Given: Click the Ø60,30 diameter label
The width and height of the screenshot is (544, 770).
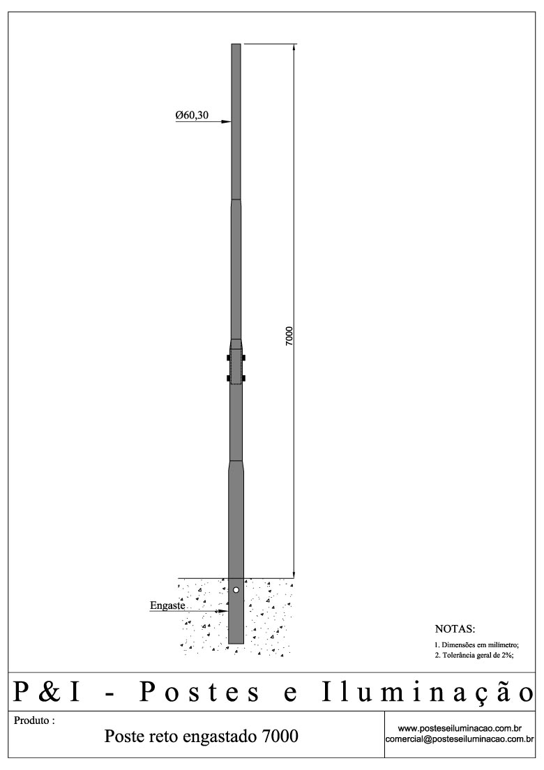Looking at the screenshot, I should (x=192, y=115).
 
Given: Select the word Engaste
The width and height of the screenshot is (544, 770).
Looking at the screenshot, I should (x=167, y=605).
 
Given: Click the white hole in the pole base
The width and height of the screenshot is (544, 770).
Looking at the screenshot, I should (x=236, y=590).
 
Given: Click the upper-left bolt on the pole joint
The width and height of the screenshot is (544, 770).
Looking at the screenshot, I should (x=229, y=358).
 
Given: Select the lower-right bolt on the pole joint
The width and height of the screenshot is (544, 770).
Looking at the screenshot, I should (x=245, y=379).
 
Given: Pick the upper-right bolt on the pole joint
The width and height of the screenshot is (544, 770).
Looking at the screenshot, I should (x=245, y=358).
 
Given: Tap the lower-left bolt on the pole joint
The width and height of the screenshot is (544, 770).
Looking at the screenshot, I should (x=229, y=379).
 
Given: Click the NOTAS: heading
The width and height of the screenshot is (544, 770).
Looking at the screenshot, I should (x=454, y=629).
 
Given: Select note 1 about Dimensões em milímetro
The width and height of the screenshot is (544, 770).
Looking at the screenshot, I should (x=476, y=645).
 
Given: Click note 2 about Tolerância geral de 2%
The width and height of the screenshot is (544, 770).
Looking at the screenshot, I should (x=474, y=656).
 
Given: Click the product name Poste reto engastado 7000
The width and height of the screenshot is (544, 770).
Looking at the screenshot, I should (x=201, y=736).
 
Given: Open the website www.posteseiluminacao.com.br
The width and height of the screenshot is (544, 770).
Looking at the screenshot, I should (x=460, y=728).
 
